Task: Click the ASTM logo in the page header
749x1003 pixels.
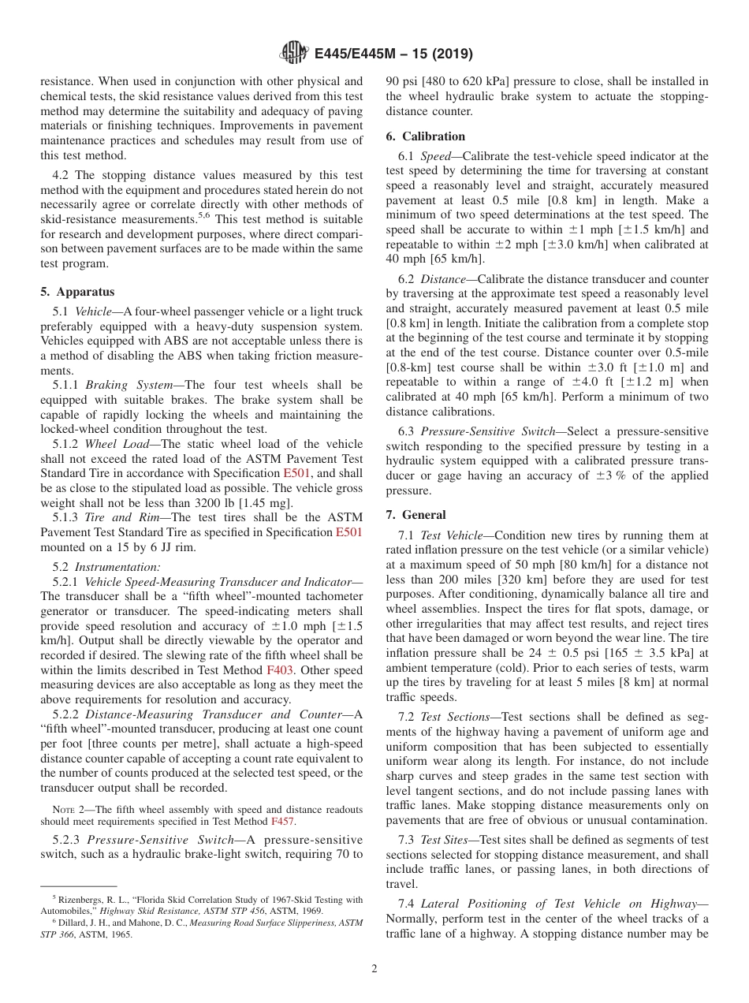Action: (x=294, y=54)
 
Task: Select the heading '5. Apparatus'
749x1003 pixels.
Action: (x=77, y=292)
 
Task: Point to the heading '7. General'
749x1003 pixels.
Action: (x=415, y=515)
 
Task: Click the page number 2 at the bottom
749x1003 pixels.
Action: (x=374, y=969)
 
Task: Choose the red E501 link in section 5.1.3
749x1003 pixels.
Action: (x=348, y=532)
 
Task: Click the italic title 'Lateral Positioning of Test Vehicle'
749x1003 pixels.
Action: (x=514, y=904)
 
